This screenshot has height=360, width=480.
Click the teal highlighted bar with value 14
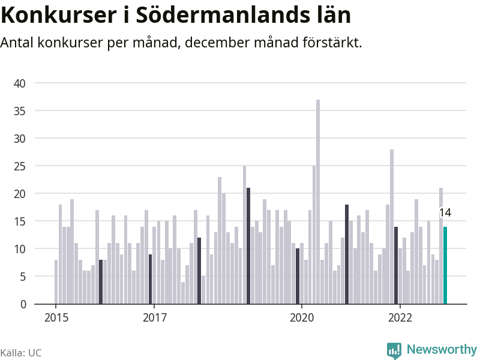click(445, 265)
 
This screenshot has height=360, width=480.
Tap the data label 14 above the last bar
click(445, 212)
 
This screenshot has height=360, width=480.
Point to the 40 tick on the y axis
click(20, 83)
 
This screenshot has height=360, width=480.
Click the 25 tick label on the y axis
click(20, 166)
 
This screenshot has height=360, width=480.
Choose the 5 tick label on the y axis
click(22, 277)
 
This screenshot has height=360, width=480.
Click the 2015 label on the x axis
click(56, 318)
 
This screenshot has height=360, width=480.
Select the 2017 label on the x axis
click(155, 318)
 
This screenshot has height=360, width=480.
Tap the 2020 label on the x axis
click(302, 318)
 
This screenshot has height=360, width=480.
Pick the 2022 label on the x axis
click(400, 318)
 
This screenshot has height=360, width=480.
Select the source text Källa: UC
click(21, 353)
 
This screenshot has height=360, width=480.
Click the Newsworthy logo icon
click(394, 350)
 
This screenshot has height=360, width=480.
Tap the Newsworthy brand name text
click(442, 349)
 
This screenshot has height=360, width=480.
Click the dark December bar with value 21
click(248, 246)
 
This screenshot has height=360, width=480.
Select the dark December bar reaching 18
click(347, 254)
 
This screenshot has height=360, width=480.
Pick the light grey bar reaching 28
click(392, 227)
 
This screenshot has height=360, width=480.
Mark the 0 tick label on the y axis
click(22, 304)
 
